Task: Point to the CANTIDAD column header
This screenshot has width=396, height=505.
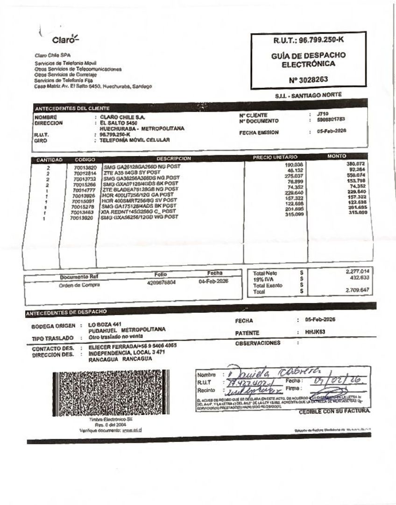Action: (49, 159)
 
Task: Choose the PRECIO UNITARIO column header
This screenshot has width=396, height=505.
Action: (275, 157)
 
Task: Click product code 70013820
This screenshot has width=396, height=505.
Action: (85, 167)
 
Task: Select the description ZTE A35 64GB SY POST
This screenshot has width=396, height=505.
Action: (132, 173)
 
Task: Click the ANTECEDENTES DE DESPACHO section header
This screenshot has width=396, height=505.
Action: (67, 311)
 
